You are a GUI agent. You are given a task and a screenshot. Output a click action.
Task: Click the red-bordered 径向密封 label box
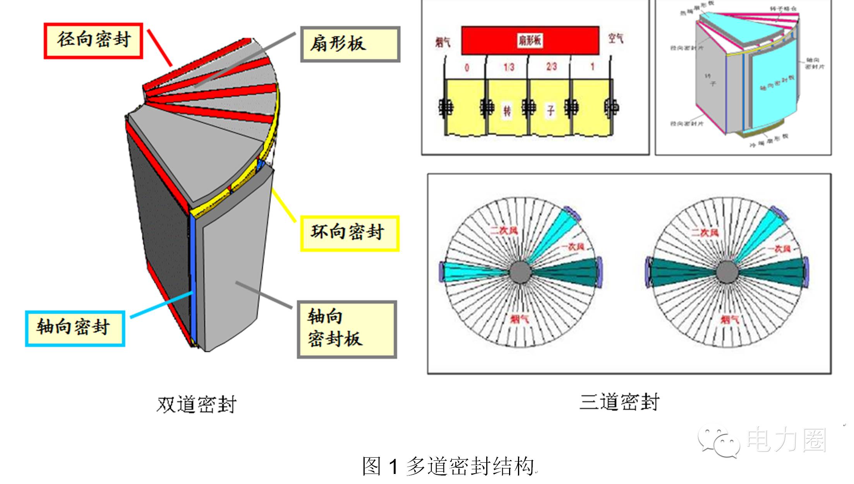click(x=93, y=41)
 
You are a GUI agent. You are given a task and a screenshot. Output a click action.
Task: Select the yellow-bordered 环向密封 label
click(x=350, y=233)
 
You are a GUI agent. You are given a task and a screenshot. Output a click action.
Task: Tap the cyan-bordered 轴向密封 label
click(x=75, y=328)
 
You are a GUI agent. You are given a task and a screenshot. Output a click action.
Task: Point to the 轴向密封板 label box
click(x=347, y=329)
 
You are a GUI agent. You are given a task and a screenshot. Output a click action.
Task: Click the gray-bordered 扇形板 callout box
click(x=350, y=44)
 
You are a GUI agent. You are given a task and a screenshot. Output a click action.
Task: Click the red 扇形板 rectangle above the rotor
click(x=530, y=40)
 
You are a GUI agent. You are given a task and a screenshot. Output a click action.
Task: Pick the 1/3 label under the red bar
click(x=509, y=67)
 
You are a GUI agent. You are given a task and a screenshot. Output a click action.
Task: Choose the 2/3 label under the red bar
click(x=551, y=67)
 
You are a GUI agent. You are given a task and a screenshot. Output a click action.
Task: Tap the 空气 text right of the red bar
click(x=616, y=39)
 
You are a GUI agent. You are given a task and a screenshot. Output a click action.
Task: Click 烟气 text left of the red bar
click(x=442, y=42)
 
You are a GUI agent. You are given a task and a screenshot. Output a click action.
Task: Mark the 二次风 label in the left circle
click(x=504, y=231)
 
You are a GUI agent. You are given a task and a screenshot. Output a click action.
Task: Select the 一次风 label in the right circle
click(x=779, y=249)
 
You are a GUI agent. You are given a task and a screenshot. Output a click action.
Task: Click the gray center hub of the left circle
click(x=520, y=272)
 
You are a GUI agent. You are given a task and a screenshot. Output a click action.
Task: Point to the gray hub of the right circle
click(x=727, y=272)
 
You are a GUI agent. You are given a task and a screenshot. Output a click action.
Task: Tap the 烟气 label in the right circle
click(x=729, y=320)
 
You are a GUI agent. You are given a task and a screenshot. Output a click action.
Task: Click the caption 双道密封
click(x=196, y=405)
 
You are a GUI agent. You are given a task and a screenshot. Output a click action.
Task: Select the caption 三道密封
click(x=619, y=402)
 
